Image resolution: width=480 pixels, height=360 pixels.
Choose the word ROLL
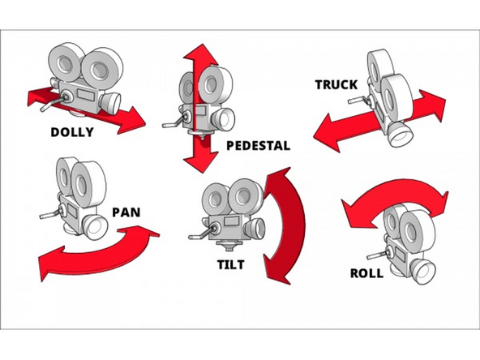[366, 272]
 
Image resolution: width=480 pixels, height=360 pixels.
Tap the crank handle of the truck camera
[357, 101]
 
